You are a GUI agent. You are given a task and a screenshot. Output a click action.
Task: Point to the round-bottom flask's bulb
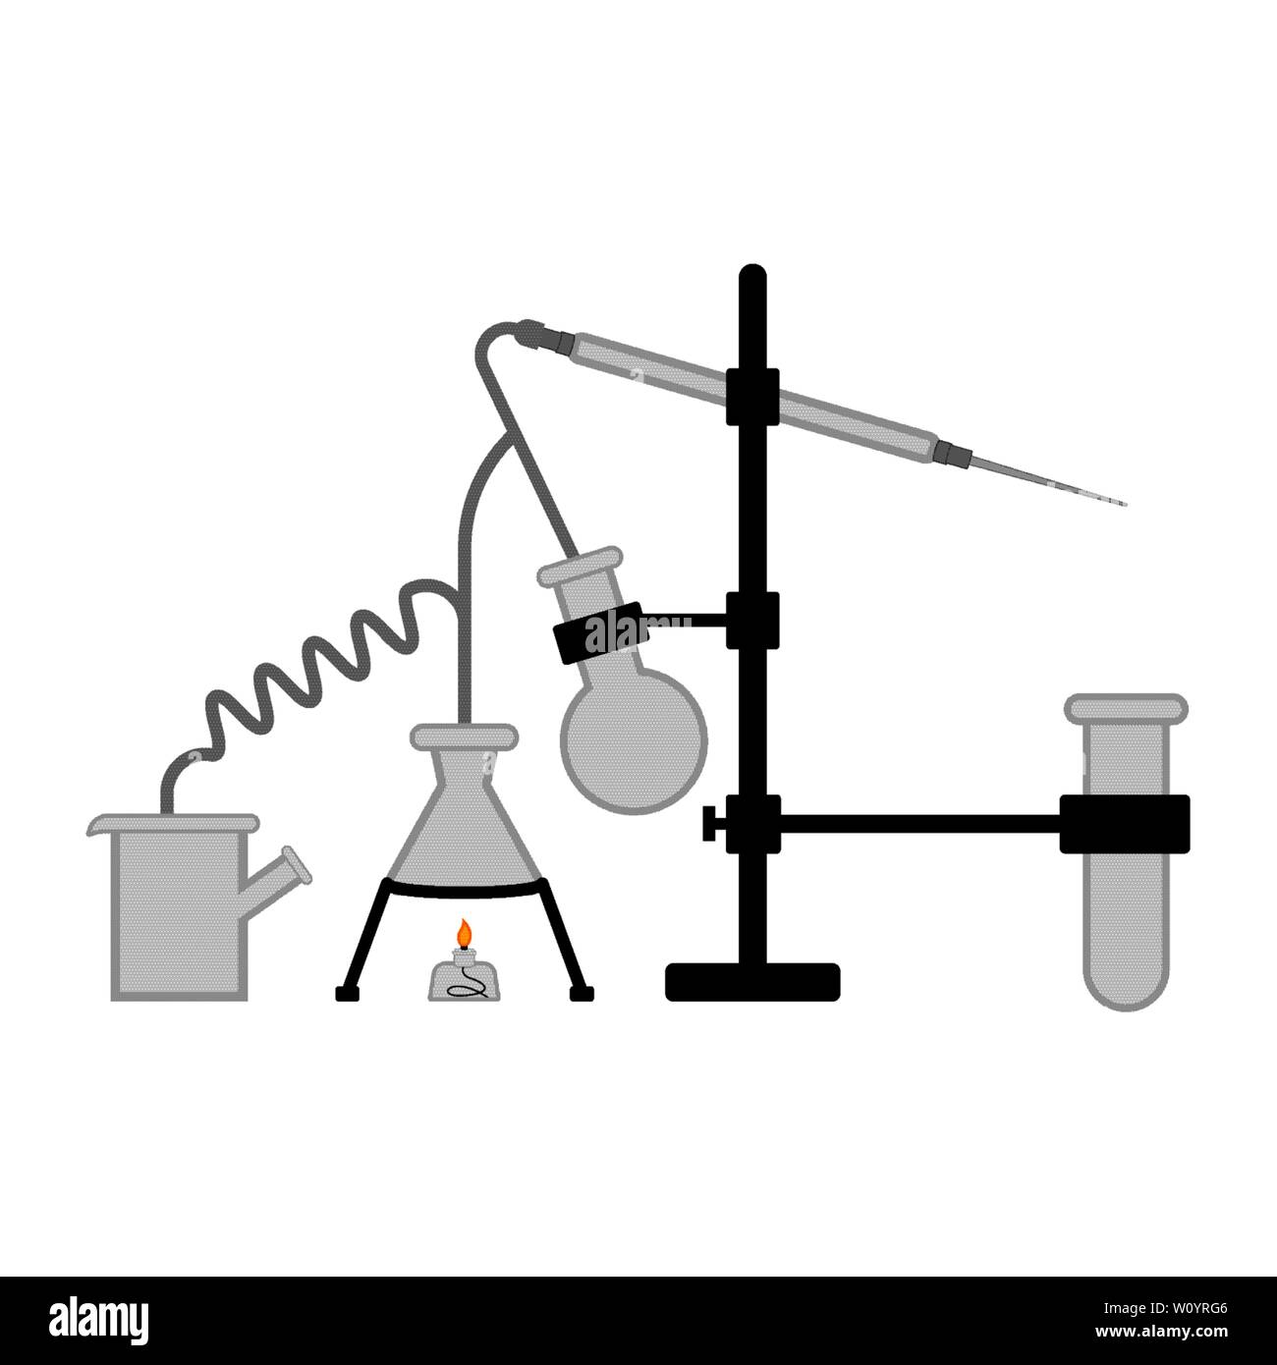pyautogui.click(x=634, y=732)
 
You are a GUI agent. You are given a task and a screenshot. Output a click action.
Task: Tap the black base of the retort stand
pyautogui.click(x=752, y=981)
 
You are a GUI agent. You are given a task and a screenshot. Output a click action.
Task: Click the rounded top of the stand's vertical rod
pyautogui.click(x=752, y=274)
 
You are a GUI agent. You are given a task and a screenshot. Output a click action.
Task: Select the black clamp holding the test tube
pyautogui.click(x=1125, y=823)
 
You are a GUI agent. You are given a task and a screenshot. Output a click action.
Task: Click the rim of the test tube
pyautogui.click(x=1127, y=705)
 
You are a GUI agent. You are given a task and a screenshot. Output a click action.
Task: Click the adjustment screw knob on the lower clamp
pyautogui.click(x=709, y=823)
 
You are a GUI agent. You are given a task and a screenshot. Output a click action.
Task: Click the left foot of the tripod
pyautogui.click(x=345, y=993)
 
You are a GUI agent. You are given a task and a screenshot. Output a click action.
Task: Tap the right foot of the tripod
pyautogui.click(x=583, y=993)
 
